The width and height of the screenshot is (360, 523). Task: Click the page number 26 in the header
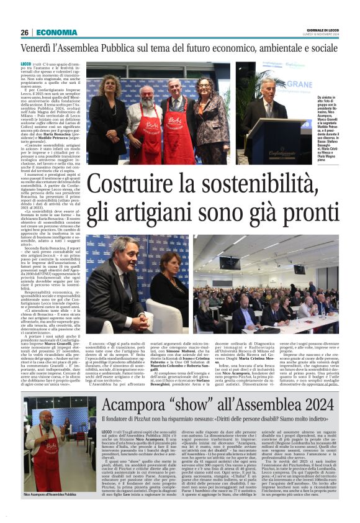pos(24,32)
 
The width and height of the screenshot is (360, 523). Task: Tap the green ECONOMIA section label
pos(56,32)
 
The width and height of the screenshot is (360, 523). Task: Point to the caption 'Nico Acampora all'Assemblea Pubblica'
pos(54,494)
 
